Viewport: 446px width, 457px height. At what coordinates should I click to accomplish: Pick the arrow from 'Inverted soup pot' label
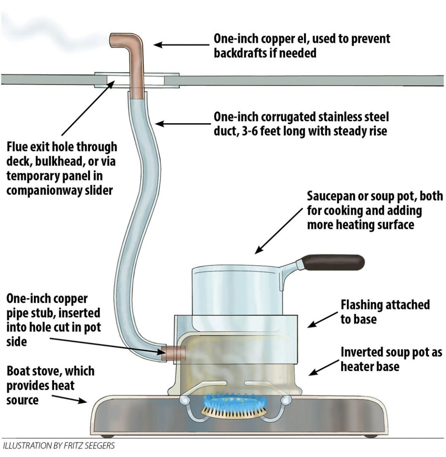tap(323, 367)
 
